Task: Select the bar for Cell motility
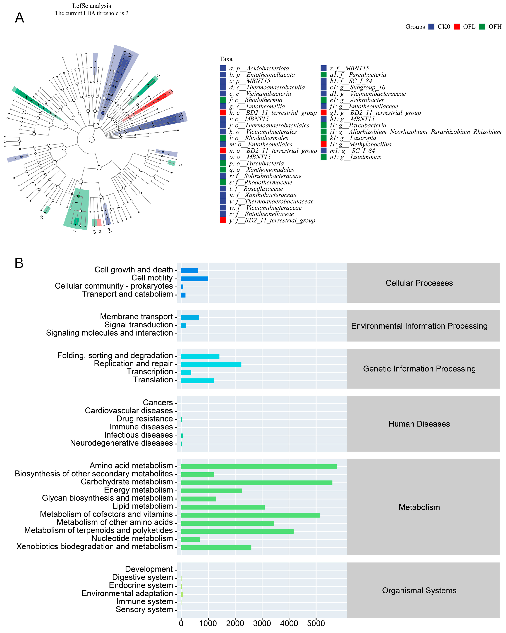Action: pyautogui.click(x=194, y=279)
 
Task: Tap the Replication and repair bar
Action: pyautogui.click(x=211, y=364)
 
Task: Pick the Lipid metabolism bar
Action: pyautogui.click(x=223, y=507)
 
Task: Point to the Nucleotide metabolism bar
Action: pyautogui.click(x=190, y=539)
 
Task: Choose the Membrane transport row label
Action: pyautogui.click(x=136, y=317)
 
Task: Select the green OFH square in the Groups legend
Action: pyautogui.click(x=482, y=27)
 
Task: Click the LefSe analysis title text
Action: pyautogui.click(x=92, y=6)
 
